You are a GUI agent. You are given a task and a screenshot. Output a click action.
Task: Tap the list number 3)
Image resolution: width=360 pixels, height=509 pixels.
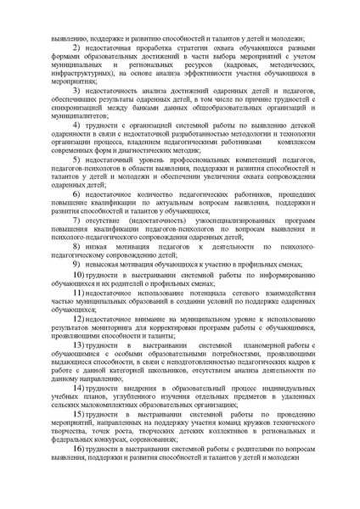coord(76,89)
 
